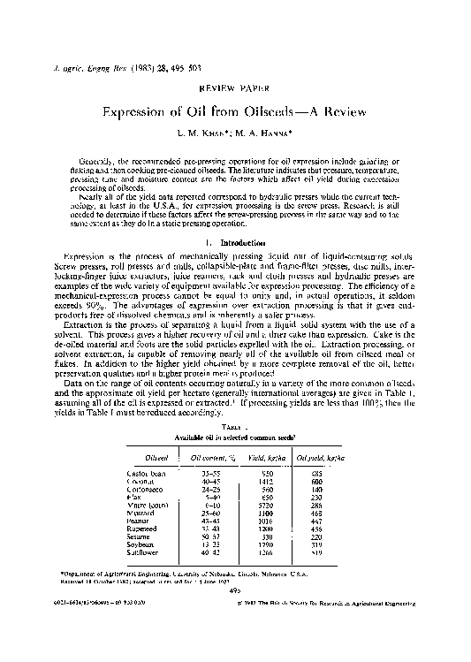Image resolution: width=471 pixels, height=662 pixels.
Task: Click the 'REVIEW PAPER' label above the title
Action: pos(234,90)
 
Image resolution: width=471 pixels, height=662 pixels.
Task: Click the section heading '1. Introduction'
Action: pos(234,242)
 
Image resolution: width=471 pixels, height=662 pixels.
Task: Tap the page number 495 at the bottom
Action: pos(235,592)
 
